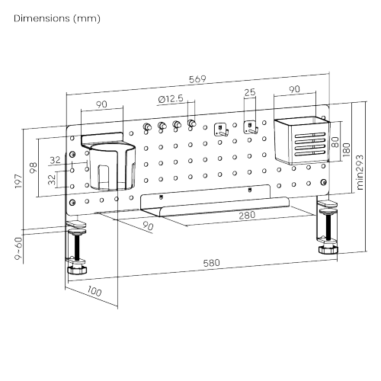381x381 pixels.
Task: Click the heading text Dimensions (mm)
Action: (57, 18)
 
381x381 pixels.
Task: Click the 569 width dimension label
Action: (197, 79)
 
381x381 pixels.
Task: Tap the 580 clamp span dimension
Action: (211, 263)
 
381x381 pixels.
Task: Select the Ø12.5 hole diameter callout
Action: (171, 99)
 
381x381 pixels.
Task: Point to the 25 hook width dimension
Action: (250, 92)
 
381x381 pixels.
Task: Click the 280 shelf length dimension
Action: (247, 216)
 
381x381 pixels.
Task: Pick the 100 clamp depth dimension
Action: (94, 291)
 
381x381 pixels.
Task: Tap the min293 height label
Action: (360, 172)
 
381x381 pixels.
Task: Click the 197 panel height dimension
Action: (18, 181)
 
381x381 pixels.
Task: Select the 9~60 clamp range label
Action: (18, 248)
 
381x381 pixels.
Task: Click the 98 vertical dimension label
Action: (34, 168)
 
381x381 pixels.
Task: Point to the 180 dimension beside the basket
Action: (346, 149)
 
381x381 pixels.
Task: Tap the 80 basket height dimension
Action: (335, 142)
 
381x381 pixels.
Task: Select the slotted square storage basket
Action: (302, 140)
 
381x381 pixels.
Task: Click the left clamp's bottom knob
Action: (77, 270)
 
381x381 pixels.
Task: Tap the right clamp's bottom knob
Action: (328, 249)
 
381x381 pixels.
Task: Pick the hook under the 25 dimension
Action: (251, 127)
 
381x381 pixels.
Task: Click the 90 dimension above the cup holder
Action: (101, 104)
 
